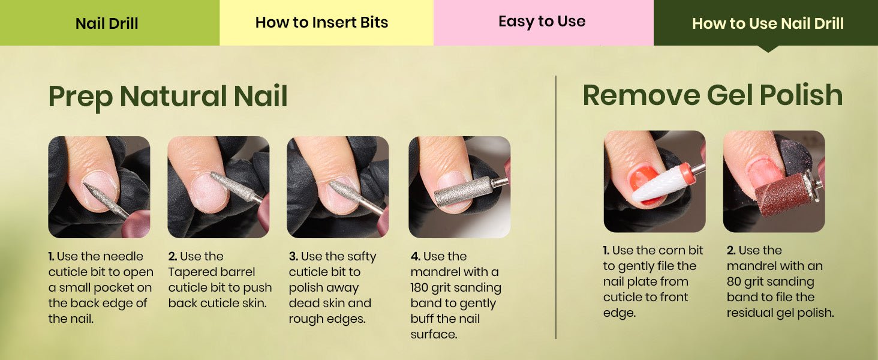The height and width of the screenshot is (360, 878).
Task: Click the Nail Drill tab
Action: tap(109, 23)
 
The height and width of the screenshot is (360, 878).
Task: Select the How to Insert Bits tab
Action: tap(326, 23)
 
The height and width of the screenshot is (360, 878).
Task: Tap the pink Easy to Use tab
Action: tap(543, 23)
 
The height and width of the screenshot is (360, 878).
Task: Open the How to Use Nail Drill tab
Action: tap(765, 23)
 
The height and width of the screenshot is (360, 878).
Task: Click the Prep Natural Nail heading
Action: tap(168, 97)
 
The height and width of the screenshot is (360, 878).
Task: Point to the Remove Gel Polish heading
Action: tap(712, 95)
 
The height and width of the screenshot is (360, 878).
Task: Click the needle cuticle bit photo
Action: tap(99, 187)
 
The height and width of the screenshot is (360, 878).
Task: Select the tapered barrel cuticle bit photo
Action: tap(218, 187)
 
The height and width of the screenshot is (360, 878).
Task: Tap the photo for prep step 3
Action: tap(338, 187)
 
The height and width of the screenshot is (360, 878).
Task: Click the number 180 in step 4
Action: tap(419, 288)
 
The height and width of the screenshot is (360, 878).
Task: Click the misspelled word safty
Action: tap(360, 257)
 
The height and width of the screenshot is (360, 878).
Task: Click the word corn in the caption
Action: tap(669, 251)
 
